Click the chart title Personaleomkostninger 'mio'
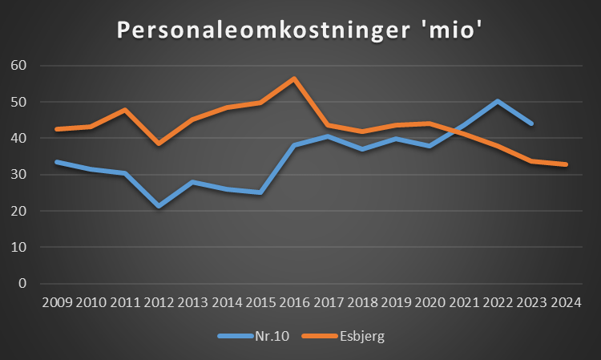pos(300,30)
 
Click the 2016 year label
pos(294,304)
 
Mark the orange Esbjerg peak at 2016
pos(294,79)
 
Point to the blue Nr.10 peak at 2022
pos(498,101)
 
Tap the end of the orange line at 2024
pos(567,164)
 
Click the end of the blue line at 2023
pos(532,123)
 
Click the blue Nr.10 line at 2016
pos(294,145)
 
